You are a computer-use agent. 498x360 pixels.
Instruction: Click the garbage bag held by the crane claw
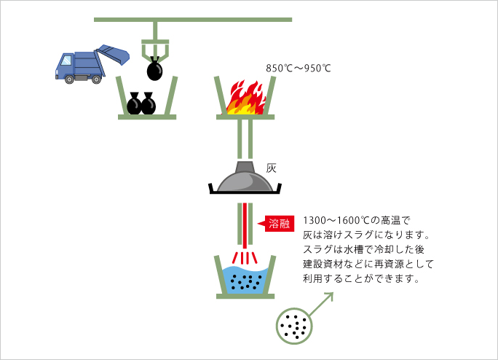(x=155, y=71)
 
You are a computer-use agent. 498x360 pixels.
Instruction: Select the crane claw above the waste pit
(x=155, y=50)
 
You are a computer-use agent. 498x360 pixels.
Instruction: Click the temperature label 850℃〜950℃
(x=299, y=69)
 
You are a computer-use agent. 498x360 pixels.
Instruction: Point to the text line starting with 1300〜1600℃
(x=357, y=220)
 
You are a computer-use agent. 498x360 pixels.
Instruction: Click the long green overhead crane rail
(x=193, y=19)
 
